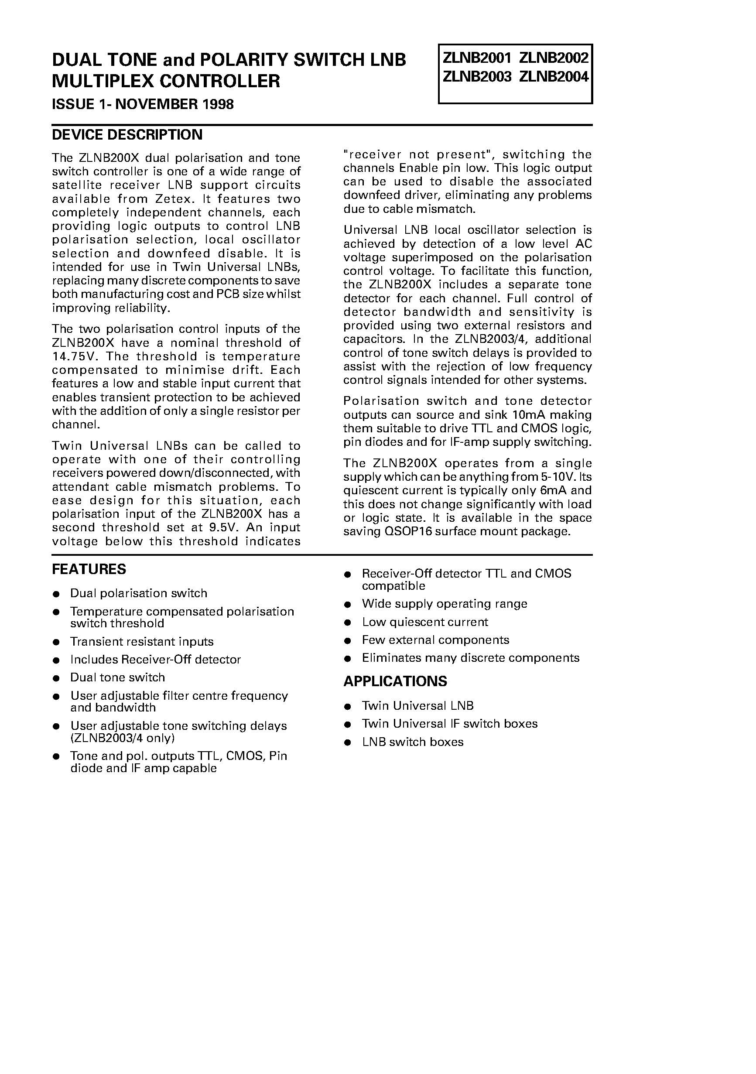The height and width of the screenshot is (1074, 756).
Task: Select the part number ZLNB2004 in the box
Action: click(554, 76)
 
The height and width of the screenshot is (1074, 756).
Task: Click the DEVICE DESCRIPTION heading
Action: click(127, 135)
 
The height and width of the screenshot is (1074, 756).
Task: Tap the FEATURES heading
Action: click(89, 569)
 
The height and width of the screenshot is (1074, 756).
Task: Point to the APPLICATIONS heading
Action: click(395, 681)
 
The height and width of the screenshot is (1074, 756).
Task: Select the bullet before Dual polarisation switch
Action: click(56, 594)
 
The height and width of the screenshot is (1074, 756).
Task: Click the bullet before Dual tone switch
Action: click(56, 678)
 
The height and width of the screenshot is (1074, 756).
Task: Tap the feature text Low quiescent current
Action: click(424, 622)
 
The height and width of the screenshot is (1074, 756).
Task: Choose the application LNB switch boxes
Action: click(412, 742)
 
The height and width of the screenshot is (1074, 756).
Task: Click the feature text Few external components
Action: click(435, 640)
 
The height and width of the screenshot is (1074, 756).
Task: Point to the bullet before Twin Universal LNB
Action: click(348, 706)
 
